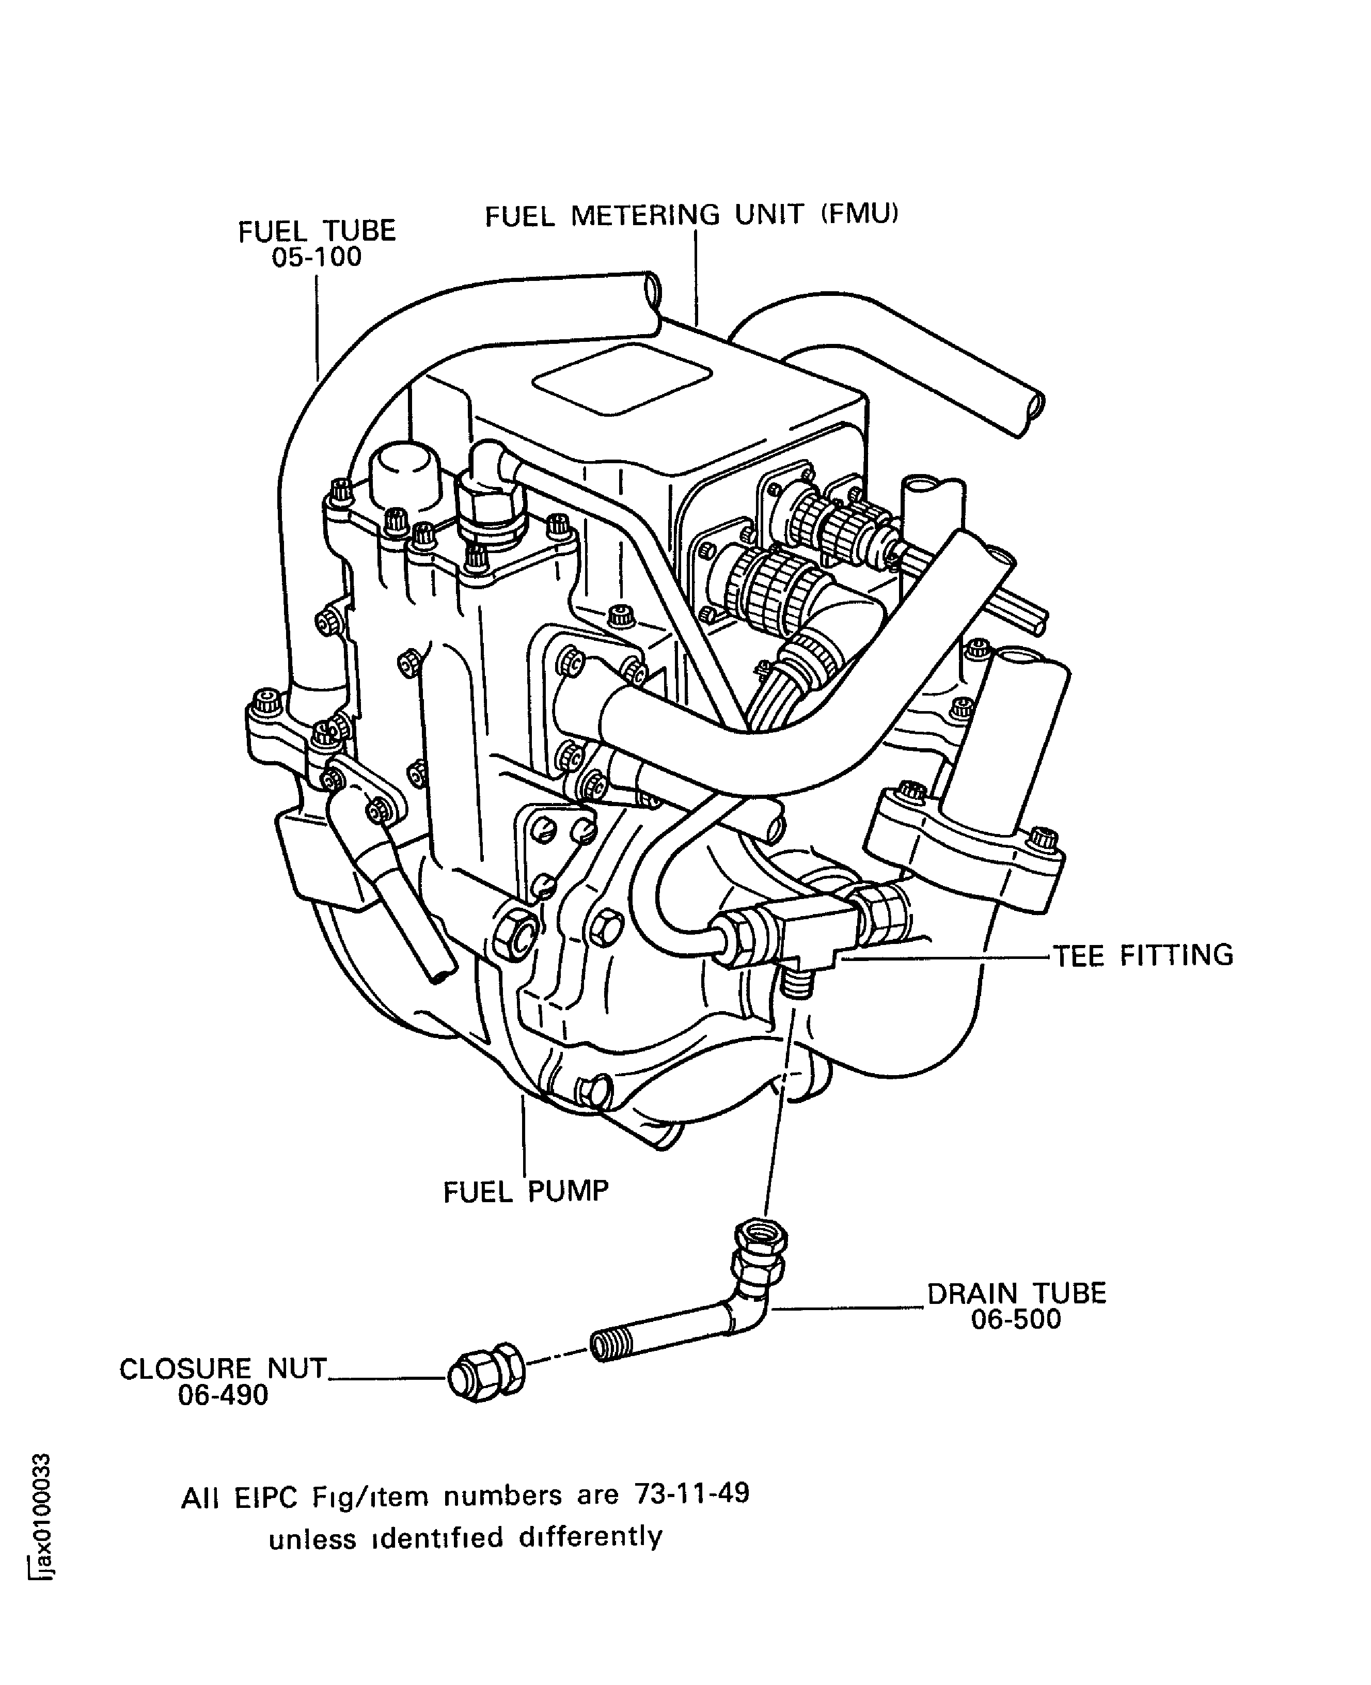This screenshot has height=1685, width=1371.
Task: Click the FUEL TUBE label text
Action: [317, 231]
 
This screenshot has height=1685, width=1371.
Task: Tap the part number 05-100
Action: [316, 257]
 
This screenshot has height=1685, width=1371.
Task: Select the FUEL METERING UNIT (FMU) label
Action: [692, 215]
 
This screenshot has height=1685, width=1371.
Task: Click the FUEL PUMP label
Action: [526, 1191]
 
